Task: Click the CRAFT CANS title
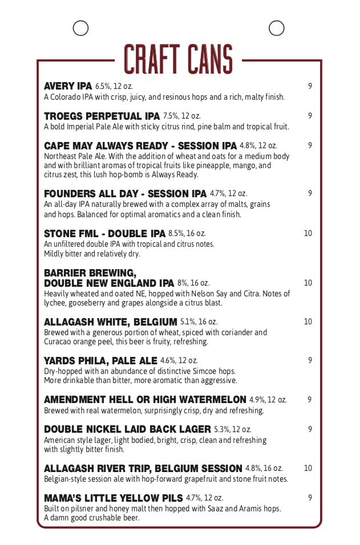[x=179, y=59]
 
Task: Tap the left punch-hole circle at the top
[x=81, y=27]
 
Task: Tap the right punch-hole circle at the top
[x=277, y=27]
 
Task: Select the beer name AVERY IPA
[x=68, y=86]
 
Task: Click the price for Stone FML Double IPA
[x=308, y=233]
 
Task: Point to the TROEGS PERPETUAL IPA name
[x=102, y=116]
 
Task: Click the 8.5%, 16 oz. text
[x=187, y=233]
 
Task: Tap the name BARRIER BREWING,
[x=90, y=272]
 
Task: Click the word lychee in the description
[x=55, y=303]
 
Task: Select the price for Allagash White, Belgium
[x=308, y=322]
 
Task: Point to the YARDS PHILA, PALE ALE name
[x=100, y=360]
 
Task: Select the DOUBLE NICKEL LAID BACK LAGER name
[x=127, y=429]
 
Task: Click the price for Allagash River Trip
[x=308, y=468]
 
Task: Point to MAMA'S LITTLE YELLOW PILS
[x=113, y=498]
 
